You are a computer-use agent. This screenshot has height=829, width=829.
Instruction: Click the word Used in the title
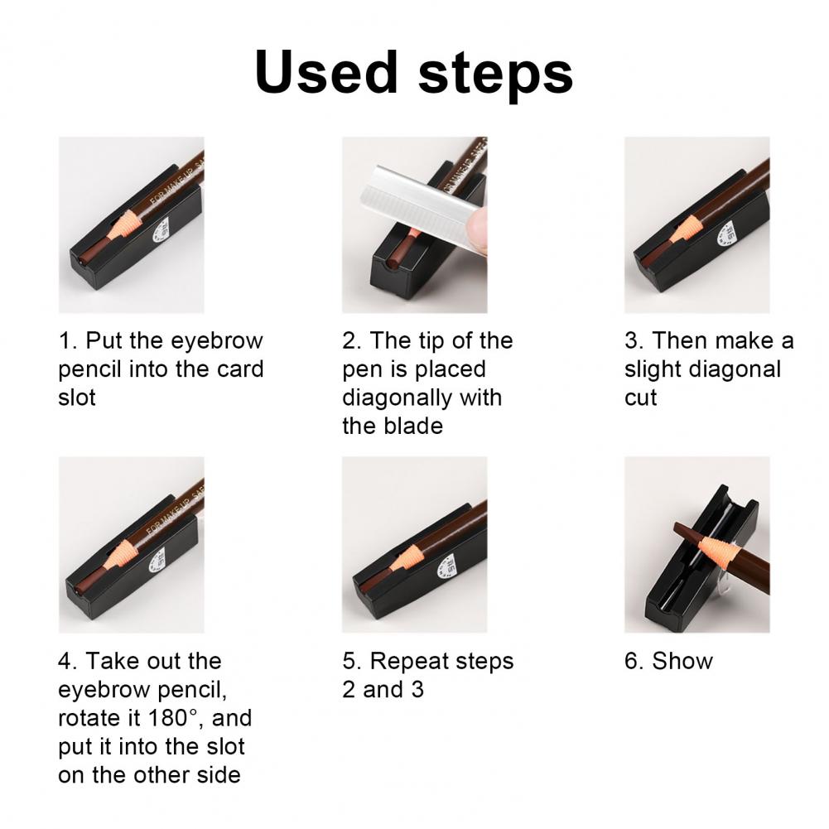(325, 72)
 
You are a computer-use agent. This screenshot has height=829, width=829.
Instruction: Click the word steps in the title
(495, 75)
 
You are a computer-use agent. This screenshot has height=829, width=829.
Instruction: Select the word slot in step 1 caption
(77, 398)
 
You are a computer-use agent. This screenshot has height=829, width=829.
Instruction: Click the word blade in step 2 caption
(393, 427)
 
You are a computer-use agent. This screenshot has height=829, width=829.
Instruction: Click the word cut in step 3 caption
(640, 398)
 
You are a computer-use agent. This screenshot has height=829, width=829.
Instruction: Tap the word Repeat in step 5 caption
(405, 662)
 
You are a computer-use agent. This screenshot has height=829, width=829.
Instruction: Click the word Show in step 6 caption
(682, 662)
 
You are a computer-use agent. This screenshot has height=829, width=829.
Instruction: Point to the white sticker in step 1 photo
(161, 230)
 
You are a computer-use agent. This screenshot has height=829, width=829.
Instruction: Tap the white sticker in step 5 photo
(446, 566)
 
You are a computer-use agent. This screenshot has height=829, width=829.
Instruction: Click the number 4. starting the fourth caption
(68, 662)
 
